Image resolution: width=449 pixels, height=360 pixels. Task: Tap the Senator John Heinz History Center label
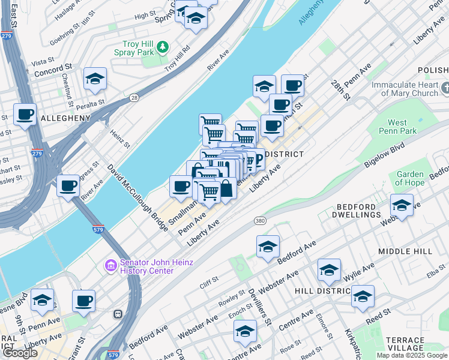(147, 266)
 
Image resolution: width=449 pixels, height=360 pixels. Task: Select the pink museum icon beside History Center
(110, 265)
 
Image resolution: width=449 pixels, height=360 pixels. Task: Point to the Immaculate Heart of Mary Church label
(405, 89)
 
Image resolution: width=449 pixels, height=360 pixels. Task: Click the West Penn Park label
(402, 127)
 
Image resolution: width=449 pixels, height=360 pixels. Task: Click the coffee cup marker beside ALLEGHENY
(25, 114)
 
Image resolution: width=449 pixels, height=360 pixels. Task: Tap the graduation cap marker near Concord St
(95, 79)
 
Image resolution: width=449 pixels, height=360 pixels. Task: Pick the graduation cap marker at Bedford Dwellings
(402, 205)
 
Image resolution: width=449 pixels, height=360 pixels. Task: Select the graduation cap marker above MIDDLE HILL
(268, 247)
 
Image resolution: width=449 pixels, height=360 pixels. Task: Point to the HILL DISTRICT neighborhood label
(322, 290)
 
